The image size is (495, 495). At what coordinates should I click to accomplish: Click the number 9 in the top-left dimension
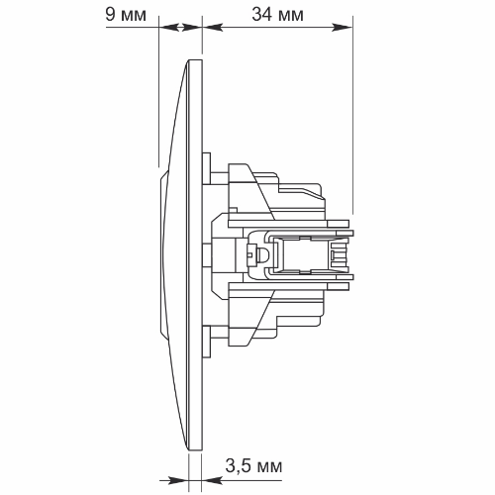pyautogui.click(x=111, y=15)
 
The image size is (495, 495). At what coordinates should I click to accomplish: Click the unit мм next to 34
pyautogui.click(x=291, y=17)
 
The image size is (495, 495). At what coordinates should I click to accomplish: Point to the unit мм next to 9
pyautogui.click(x=134, y=17)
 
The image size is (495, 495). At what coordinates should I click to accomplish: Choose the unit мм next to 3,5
pyautogui.click(x=269, y=466)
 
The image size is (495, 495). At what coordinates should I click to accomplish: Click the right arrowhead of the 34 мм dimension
pyautogui.click(x=343, y=27)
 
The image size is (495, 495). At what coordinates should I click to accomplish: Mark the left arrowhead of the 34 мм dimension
pyautogui.click(x=213, y=27)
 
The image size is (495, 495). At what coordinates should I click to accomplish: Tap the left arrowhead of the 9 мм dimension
pyautogui.click(x=170, y=27)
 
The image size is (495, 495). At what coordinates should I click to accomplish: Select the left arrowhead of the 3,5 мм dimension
pyautogui.click(x=178, y=480)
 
